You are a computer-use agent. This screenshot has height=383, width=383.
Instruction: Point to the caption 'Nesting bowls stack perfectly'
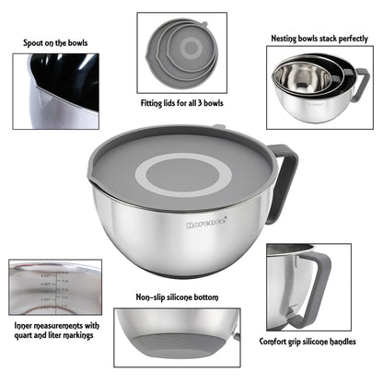point(319,39)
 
